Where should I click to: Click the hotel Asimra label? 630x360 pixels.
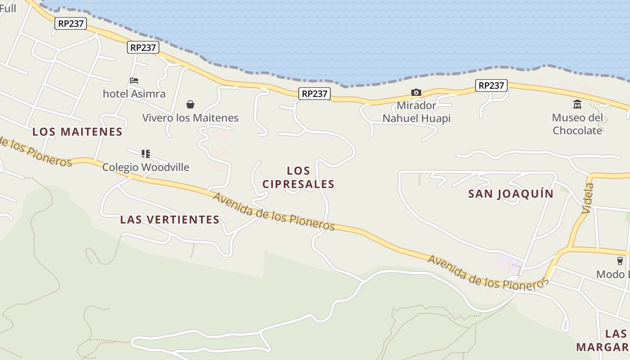click(x=134, y=94)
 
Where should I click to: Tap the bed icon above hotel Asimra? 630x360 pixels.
click(x=134, y=81)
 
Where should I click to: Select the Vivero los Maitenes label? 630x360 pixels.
click(x=190, y=118)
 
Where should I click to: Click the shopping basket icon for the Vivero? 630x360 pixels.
click(x=190, y=104)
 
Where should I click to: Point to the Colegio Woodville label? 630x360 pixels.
click(x=146, y=167)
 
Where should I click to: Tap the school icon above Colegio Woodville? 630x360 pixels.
click(x=145, y=154)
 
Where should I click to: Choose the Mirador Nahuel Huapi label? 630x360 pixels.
click(x=416, y=112)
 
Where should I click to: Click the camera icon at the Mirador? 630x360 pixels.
click(x=416, y=93)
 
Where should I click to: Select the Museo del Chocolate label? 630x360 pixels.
click(x=577, y=124)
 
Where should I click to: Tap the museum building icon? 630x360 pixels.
click(x=577, y=104)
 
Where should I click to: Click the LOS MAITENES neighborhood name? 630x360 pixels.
click(x=77, y=132)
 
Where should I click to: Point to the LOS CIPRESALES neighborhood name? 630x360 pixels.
click(x=298, y=177)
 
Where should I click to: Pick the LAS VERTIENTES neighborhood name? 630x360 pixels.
click(x=170, y=220)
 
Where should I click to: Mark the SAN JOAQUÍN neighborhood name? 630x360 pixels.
click(x=511, y=194)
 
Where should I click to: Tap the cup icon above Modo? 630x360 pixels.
click(x=620, y=261)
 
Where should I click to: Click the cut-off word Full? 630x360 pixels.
click(x=8, y=8)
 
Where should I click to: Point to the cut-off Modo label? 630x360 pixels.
click(x=612, y=274)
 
